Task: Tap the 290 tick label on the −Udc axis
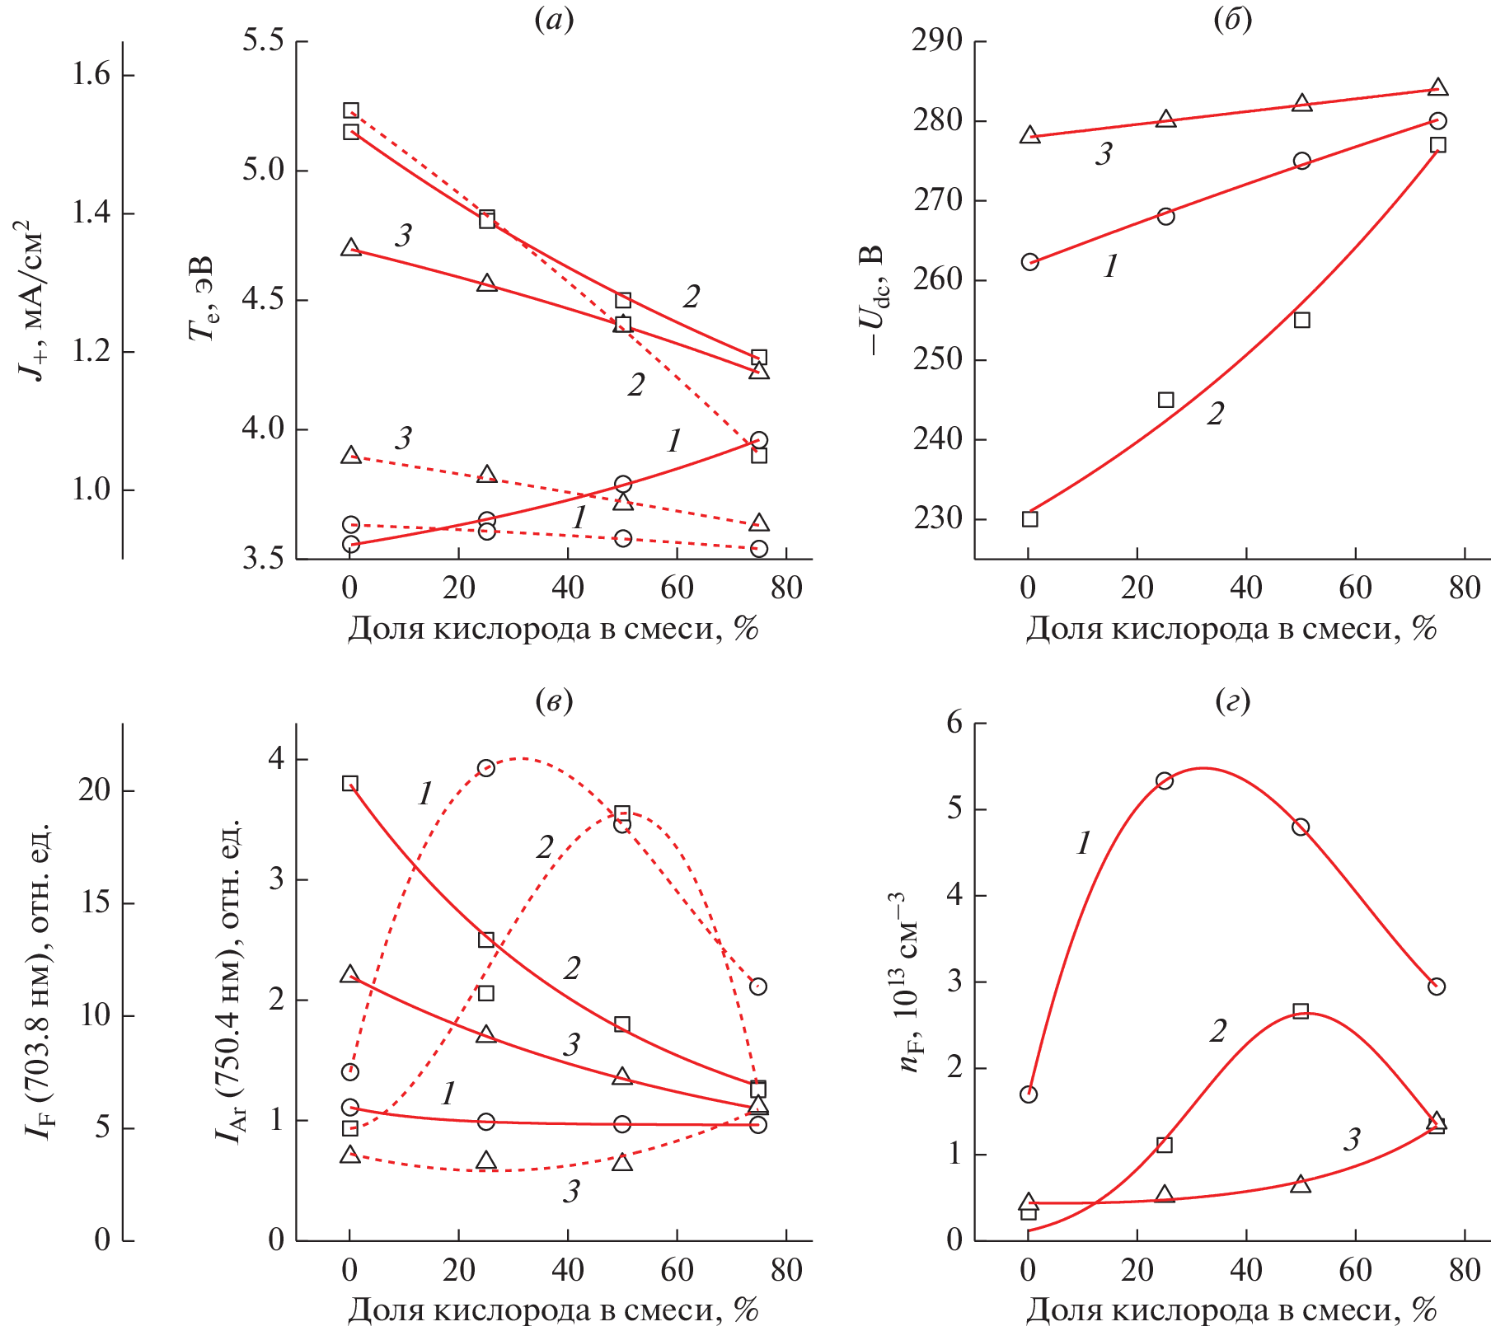click(x=937, y=40)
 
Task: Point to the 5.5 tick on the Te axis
click(x=263, y=40)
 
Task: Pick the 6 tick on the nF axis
click(x=954, y=723)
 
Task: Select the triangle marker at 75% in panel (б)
click(x=1438, y=87)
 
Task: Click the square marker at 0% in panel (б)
click(x=1029, y=519)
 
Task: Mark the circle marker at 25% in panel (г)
click(x=1165, y=780)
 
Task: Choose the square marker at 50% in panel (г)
click(x=1301, y=1011)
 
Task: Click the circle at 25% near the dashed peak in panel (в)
click(x=486, y=768)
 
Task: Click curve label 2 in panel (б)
click(x=1216, y=414)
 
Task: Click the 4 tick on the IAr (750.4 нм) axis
click(x=276, y=759)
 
